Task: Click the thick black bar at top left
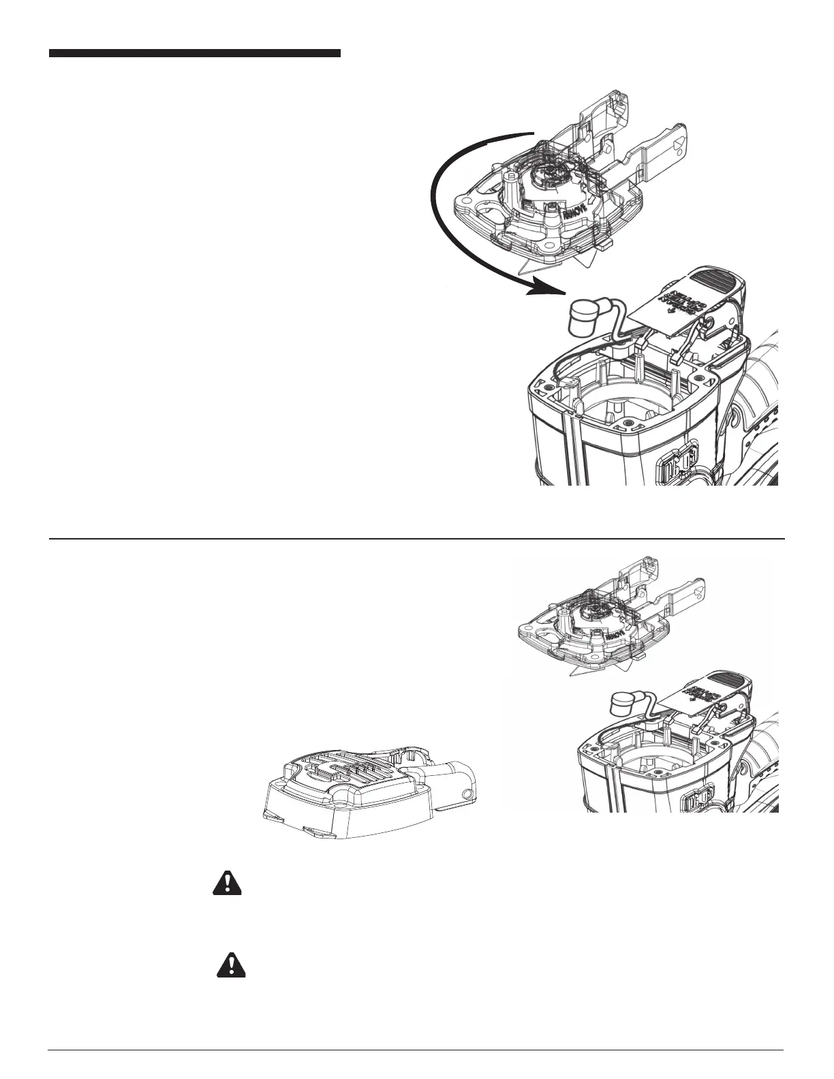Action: [x=194, y=53]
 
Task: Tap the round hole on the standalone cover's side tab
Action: [x=467, y=794]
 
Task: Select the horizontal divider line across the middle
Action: [x=417, y=539]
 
